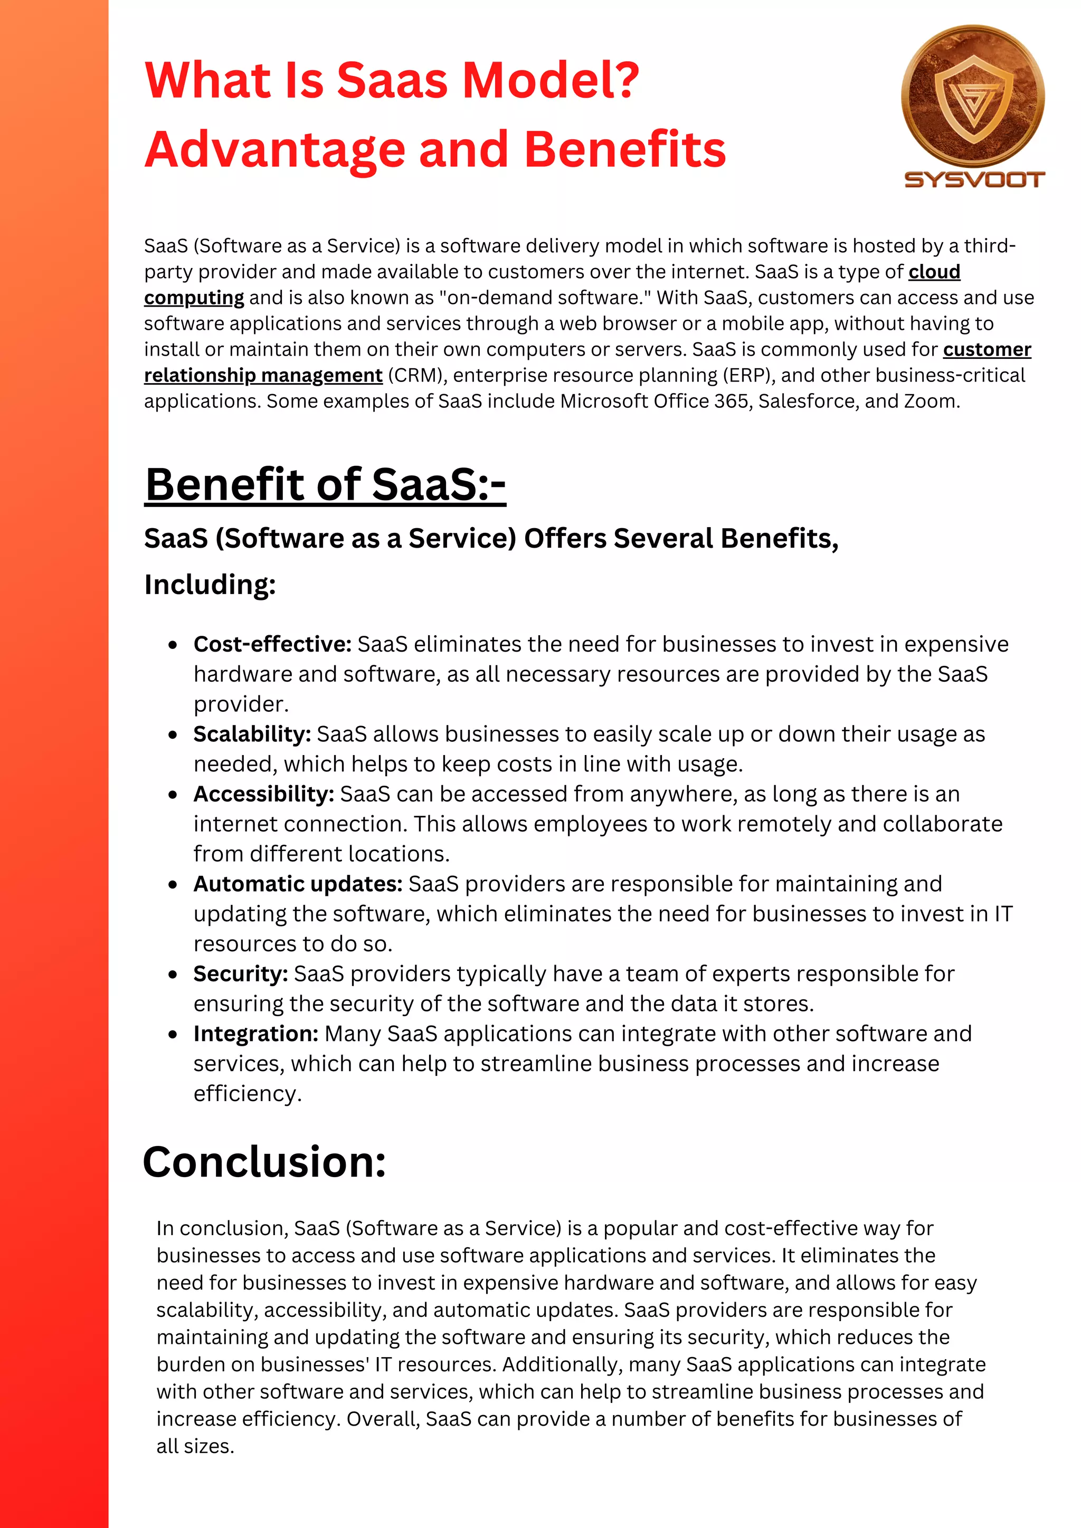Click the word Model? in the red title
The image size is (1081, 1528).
551,81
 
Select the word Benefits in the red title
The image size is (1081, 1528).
625,149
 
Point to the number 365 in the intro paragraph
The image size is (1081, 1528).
731,402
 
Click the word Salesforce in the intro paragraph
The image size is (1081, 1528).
808,402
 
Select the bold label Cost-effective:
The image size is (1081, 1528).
272,644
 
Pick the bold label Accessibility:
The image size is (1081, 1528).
263,794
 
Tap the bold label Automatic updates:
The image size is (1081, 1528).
298,884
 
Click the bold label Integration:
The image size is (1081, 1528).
255,1034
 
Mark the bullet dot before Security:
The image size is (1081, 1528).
173,975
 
